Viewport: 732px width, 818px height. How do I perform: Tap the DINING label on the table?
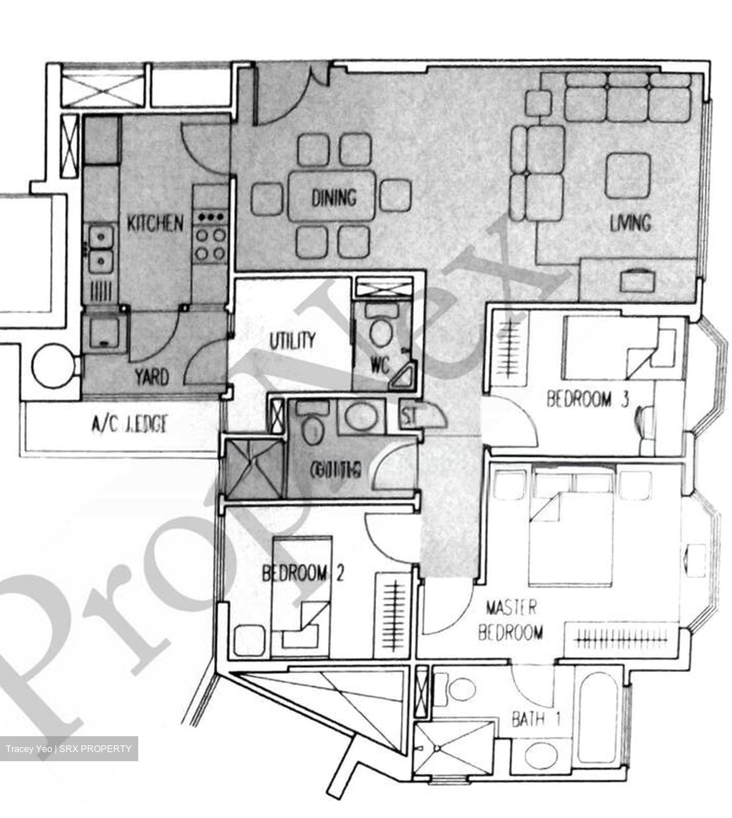[334, 198]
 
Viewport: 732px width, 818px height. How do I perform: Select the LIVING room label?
[630, 222]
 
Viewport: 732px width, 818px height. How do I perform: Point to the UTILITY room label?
[292, 340]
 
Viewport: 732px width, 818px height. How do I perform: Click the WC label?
[379, 364]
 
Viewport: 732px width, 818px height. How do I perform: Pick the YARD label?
[152, 377]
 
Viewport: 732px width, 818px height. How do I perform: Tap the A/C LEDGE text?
[129, 424]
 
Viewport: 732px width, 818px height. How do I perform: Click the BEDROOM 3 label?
[588, 399]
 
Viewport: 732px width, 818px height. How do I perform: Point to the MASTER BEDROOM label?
[511, 620]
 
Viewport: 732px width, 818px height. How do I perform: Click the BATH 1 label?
[536, 720]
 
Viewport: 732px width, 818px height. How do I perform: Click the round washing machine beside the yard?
[53, 368]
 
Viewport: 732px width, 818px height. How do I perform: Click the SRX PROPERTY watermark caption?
[69, 749]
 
